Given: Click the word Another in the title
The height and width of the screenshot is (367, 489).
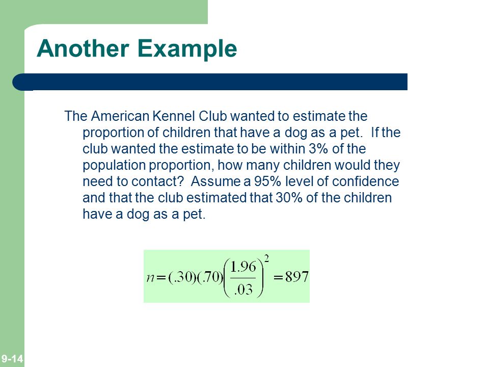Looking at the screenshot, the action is tap(83, 48).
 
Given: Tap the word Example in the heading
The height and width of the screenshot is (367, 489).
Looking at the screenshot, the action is tap(187, 49).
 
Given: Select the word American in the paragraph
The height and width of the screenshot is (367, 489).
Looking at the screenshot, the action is tap(120, 116).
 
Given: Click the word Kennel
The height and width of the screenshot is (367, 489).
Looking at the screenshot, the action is tap(174, 116).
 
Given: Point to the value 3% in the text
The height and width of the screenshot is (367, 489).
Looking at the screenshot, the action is tap(318, 148).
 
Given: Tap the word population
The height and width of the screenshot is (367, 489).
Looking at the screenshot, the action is tap(114, 166).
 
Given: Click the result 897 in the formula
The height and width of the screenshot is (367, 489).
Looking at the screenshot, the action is tap(297, 276).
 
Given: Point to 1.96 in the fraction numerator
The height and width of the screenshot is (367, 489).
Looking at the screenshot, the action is tap(243, 267).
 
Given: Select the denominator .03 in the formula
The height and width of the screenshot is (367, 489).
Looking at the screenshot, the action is tap(243, 290).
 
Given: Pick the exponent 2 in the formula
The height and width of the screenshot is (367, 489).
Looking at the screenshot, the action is tap(266, 258).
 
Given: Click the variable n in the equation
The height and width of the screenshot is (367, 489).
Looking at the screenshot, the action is tap(150, 277).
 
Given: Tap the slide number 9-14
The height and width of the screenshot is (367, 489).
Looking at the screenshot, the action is tap(12, 358).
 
